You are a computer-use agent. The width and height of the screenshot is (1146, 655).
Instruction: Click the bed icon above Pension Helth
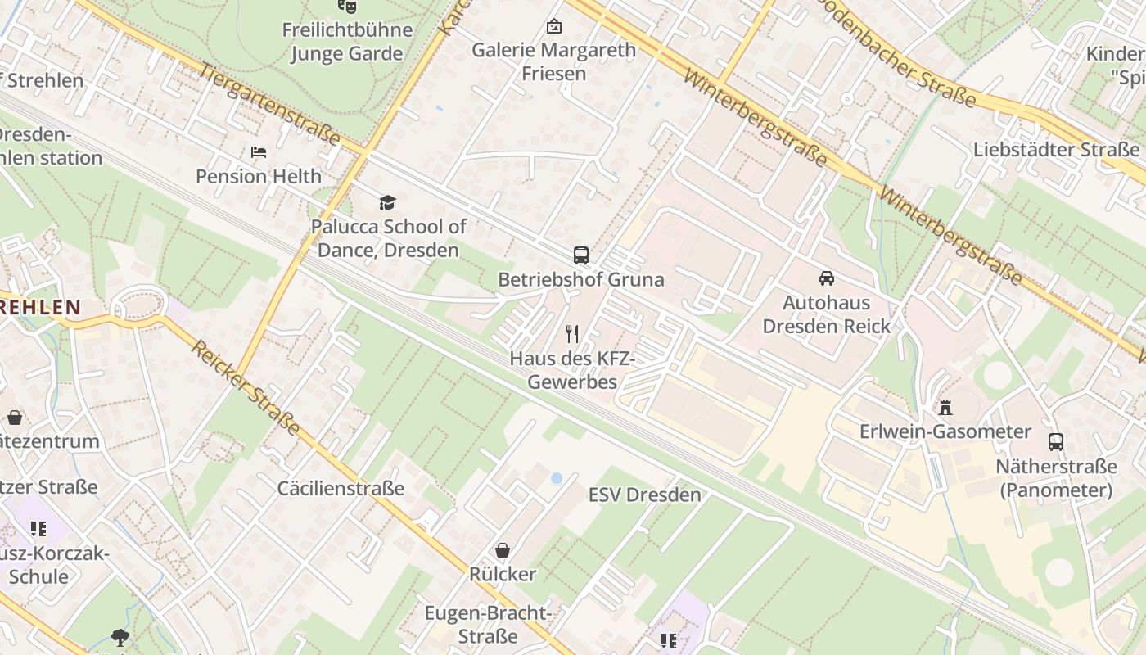point(258,152)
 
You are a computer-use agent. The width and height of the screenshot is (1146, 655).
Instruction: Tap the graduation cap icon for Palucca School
point(387,202)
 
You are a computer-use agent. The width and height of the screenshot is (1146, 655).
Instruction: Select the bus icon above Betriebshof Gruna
point(580,255)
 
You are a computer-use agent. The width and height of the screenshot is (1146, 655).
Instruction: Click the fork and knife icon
point(572,334)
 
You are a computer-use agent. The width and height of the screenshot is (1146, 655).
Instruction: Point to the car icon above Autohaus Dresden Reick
point(826,278)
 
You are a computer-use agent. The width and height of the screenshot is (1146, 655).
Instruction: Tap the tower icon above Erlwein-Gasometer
point(945,407)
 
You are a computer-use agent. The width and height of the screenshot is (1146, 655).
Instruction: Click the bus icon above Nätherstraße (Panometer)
point(1056,442)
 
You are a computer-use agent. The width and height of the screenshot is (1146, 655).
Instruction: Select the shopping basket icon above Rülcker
point(503,550)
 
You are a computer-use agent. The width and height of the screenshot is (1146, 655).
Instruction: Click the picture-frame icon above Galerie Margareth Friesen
point(553,26)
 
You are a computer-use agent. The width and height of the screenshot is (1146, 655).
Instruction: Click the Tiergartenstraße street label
point(269,105)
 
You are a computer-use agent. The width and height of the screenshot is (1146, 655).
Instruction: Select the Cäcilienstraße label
point(341,489)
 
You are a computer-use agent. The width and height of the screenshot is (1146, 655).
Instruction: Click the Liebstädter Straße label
point(1056,150)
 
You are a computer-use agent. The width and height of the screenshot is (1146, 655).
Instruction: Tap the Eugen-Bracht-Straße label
point(489,624)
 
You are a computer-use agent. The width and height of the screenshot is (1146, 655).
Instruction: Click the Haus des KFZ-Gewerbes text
point(572,370)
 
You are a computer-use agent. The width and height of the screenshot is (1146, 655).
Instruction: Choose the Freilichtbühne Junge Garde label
point(347,42)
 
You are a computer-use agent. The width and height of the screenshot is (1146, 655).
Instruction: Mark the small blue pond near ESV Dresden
point(557,477)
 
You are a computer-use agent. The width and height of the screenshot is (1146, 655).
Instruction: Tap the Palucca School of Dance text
point(389,238)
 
